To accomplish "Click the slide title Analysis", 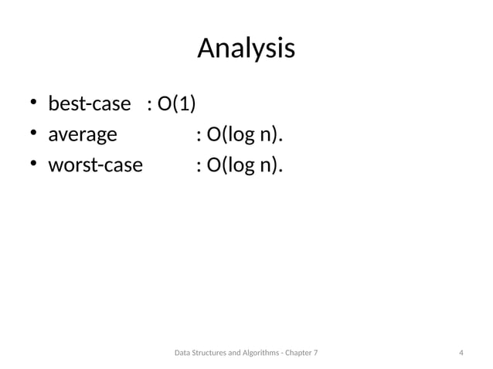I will coord(246,48).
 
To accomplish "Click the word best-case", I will coord(90,103).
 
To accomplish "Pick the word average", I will coord(83,136).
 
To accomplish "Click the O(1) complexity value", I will coord(176,103).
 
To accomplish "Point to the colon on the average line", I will coord(199,137).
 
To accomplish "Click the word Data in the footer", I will coord(183,354).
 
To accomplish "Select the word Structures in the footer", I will coord(212,354).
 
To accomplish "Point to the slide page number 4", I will coord(461,354).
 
